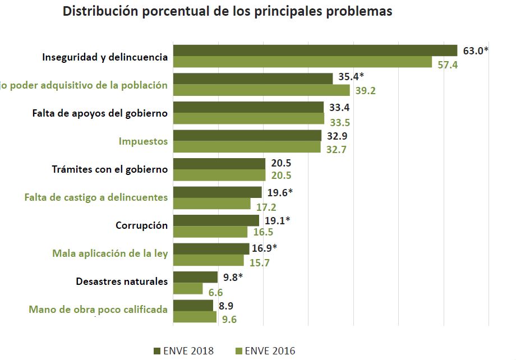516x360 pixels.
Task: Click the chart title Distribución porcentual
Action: tap(227, 12)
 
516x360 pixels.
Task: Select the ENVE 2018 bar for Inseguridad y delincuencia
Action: tap(315, 50)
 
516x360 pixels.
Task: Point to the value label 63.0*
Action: tap(476, 51)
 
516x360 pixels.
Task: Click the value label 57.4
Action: tap(448, 64)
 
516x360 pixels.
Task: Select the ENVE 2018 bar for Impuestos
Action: tap(247, 136)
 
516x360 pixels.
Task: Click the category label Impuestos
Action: tap(143, 141)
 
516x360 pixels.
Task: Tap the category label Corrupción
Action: tap(141, 225)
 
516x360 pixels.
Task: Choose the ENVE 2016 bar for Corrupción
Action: tap(210, 232)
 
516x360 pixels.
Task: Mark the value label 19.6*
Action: tap(280, 193)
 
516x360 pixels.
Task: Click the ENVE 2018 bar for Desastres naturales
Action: tap(195, 277)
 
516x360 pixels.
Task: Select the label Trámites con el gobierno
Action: tap(109, 169)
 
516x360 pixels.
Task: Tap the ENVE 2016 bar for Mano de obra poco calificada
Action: tap(195, 317)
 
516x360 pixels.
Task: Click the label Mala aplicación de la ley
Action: tap(110, 253)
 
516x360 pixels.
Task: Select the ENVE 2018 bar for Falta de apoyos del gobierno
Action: tap(248, 107)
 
